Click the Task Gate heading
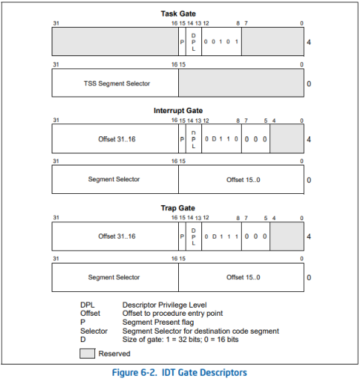click(x=178, y=13)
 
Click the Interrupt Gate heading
click(x=178, y=111)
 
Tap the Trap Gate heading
click(x=178, y=208)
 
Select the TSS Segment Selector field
click(x=115, y=83)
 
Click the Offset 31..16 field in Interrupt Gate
click(x=115, y=138)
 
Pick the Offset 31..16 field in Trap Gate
click(x=115, y=237)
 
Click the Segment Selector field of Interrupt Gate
click(x=115, y=179)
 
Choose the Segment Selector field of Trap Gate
click(x=115, y=277)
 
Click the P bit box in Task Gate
click(x=182, y=42)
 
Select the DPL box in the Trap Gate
click(x=194, y=237)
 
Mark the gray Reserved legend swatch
click(x=88, y=353)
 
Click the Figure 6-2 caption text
click(x=180, y=373)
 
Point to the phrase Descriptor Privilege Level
click(x=165, y=305)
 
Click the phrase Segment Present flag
click(x=158, y=322)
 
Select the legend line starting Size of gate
click(x=180, y=339)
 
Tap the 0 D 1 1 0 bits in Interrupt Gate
click(x=222, y=138)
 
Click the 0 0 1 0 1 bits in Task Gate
click(x=222, y=42)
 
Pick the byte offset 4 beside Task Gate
click(x=309, y=42)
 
